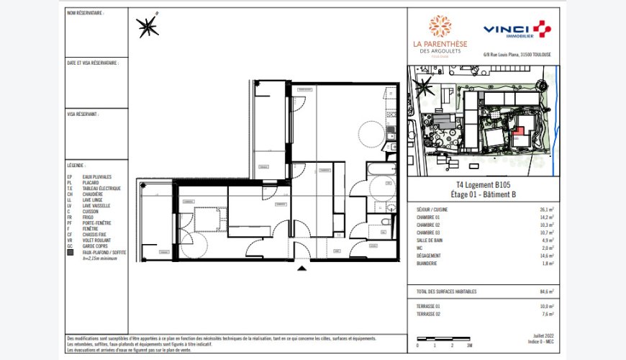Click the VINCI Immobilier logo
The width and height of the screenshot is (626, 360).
[516, 30]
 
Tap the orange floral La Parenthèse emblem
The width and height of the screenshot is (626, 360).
[440, 27]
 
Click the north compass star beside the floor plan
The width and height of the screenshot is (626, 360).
[148, 27]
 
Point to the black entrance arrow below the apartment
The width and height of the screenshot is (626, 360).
[302, 269]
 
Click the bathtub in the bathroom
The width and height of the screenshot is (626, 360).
[378, 186]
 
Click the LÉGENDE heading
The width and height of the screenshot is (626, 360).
[76, 165]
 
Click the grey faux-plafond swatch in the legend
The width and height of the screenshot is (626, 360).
[70, 252]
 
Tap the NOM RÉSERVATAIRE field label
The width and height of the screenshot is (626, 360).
[85, 13]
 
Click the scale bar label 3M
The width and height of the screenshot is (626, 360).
[468, 346]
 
